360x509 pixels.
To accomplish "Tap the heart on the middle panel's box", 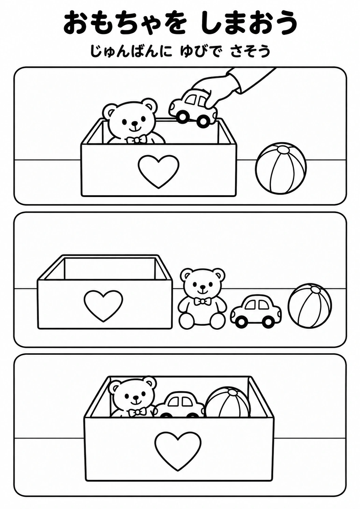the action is pos(103,307).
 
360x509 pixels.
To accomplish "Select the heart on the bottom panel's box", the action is pos(178,437).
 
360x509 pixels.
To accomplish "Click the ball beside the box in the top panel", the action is pos(281,168).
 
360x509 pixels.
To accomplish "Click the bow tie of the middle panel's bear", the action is pos(202,301).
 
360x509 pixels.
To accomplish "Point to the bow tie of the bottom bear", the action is pos(138,412).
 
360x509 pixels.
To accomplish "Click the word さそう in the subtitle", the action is pos(250,51).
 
